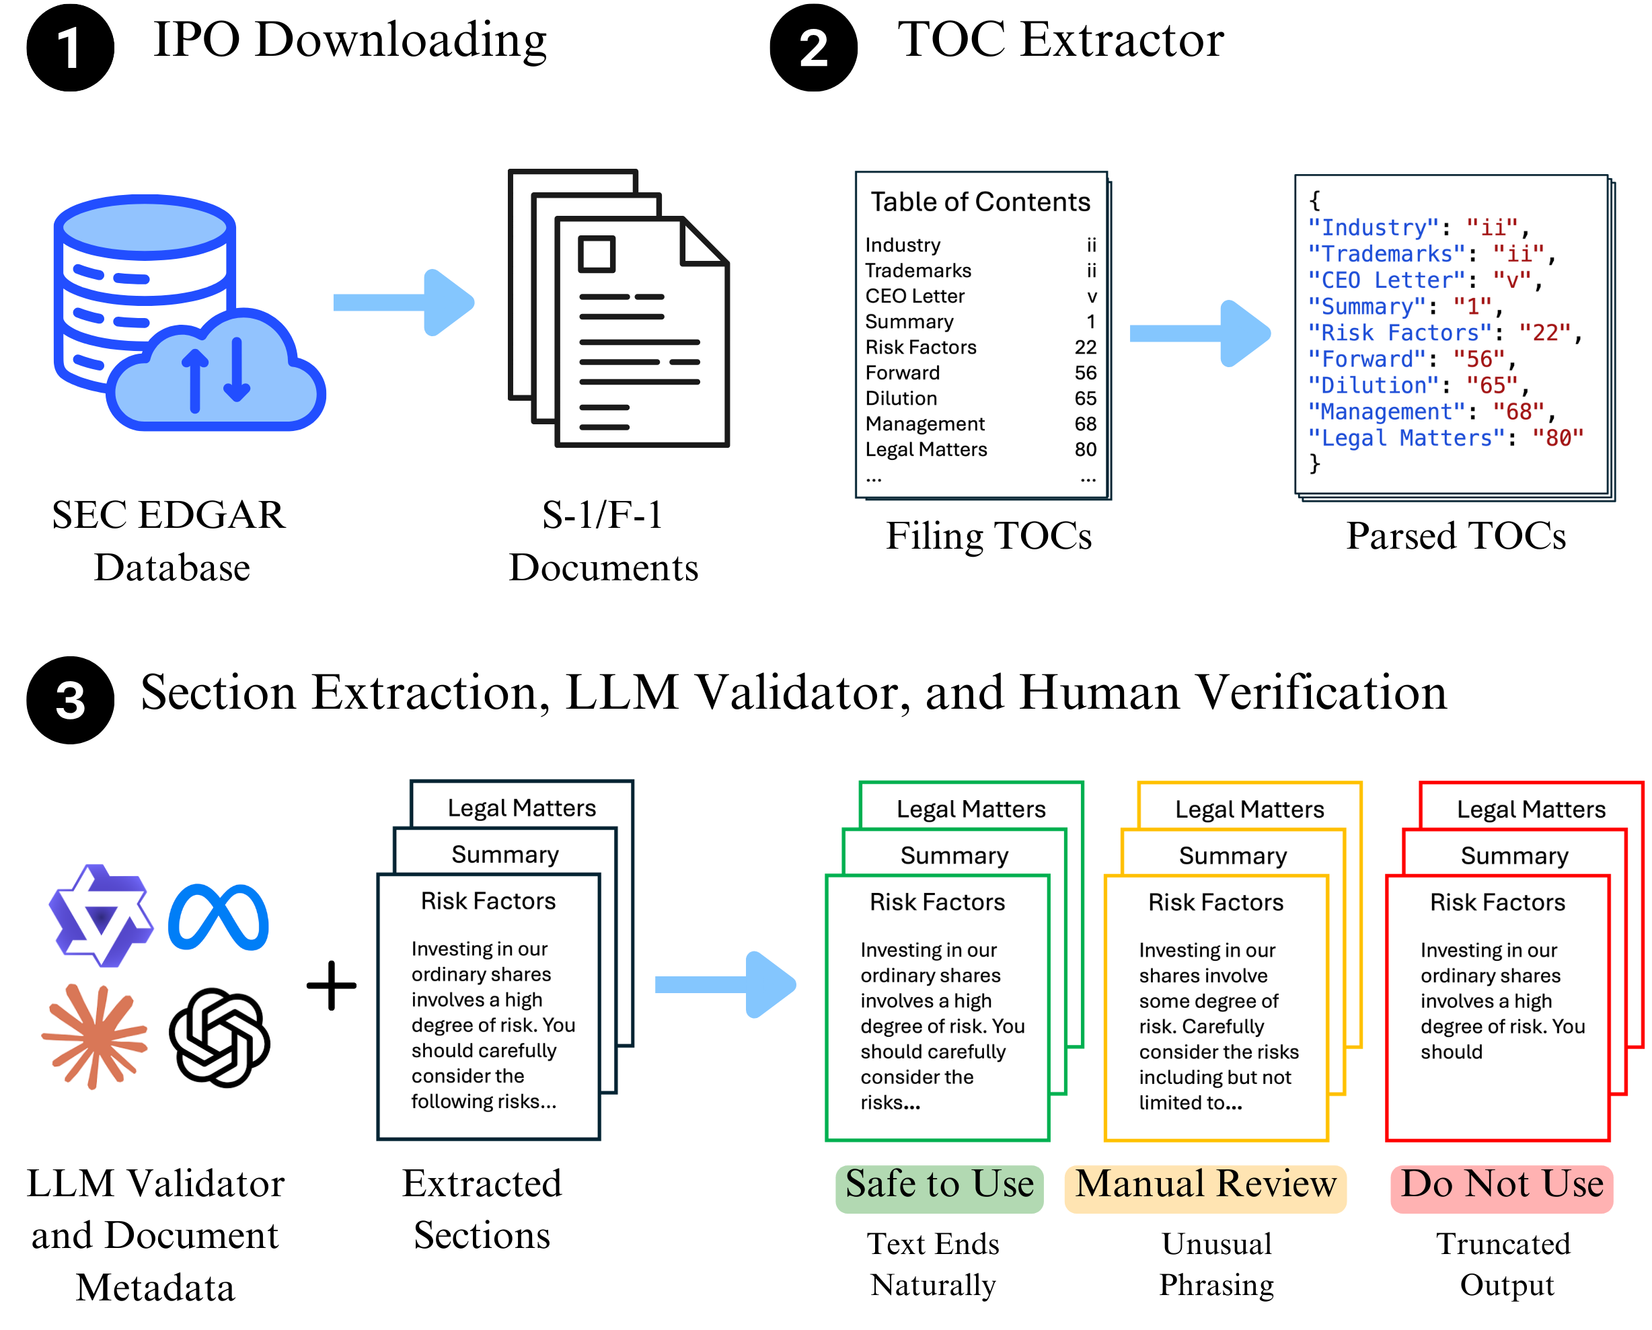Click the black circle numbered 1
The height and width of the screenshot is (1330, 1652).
(x=70, y=48)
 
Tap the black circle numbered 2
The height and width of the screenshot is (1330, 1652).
(x=813, y=48)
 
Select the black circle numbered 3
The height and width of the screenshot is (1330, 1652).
(x=70, y=699)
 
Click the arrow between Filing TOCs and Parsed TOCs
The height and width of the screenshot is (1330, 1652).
(x=1200, y=334)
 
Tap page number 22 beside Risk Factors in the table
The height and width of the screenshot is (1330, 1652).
(x=1085, y=347)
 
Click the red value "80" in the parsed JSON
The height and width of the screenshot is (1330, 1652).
(x=1558, y=438)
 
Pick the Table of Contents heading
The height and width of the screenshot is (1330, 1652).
(x=980, y=202)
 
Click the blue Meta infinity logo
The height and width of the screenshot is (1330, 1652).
(x=219, y=917)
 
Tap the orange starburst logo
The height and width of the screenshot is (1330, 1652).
(x=95, y=1035)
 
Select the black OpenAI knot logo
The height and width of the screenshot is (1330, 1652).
(x=219, y=1037)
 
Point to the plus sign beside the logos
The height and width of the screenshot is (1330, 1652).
(x=331, y=985)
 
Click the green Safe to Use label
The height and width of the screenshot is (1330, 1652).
(x=940, y=1185)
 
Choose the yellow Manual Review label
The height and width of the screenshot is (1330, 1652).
(x=1205, y=1185)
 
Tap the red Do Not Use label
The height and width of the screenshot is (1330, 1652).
(x=1502, y=1185)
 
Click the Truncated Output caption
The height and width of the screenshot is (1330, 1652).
(x=1503, y=1264)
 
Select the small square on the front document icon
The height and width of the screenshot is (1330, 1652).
(x=596, y=254)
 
